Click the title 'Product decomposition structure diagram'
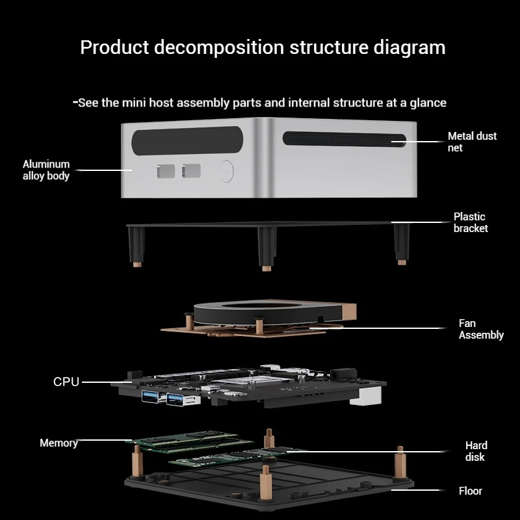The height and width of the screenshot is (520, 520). pyautogui.click(x=263, y=47)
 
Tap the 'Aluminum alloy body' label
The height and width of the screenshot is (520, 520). pyautogui.click(x=46, y=170)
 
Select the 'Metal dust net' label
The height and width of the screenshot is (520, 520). pyautogui.click(x=472, y=142)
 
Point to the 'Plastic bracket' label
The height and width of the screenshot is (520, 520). pyautogui.click(x=471, y=222)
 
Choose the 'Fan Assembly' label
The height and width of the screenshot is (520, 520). pyautogui.click(x=481, y=329)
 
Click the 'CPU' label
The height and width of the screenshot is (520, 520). pyautogui.click(x=66, y=382)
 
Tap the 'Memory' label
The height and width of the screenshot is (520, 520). pyautogui.click(x=58, y=443)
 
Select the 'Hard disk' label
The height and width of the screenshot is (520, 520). pyautogui.click(x=476, y=451)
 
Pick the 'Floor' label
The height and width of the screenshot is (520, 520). pyautogui.click(x=471, y=491)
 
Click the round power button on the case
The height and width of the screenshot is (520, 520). pyautogui.click(x=226, y=170)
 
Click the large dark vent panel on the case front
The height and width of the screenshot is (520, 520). pyautogui.click(x=188, y=140)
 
